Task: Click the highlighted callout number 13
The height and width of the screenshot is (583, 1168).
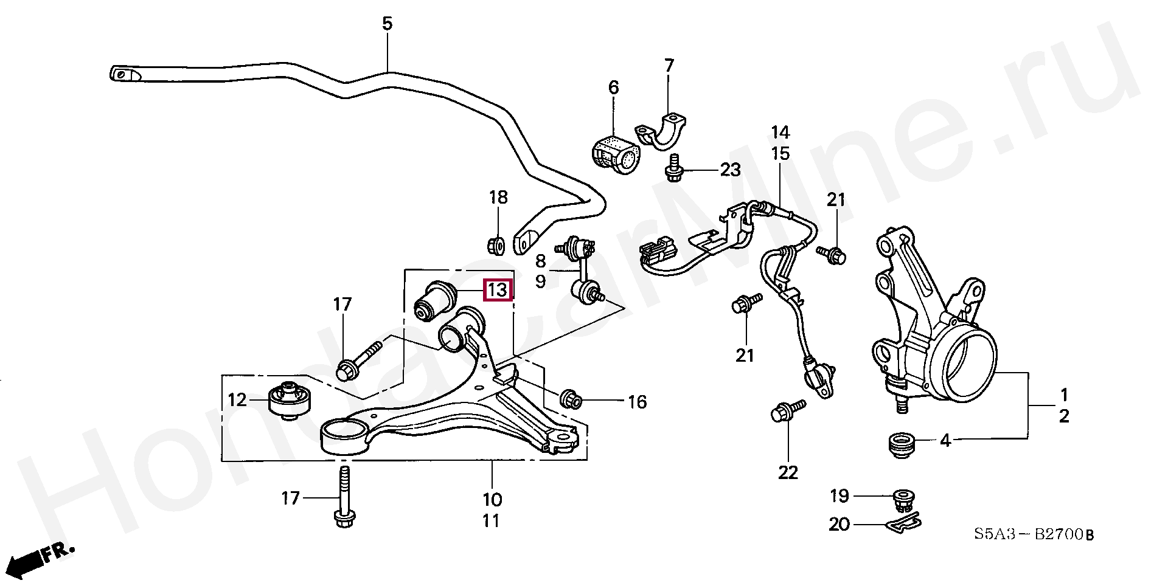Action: click(x=498, y=290)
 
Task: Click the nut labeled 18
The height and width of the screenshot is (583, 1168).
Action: click(x=496, y=244)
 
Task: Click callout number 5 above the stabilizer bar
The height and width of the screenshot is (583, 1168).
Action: click(x=388, y=24)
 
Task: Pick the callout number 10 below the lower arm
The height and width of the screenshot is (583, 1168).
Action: click(x=492, y=500)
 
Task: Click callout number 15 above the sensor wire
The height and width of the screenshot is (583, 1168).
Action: click(x=780, y=154)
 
